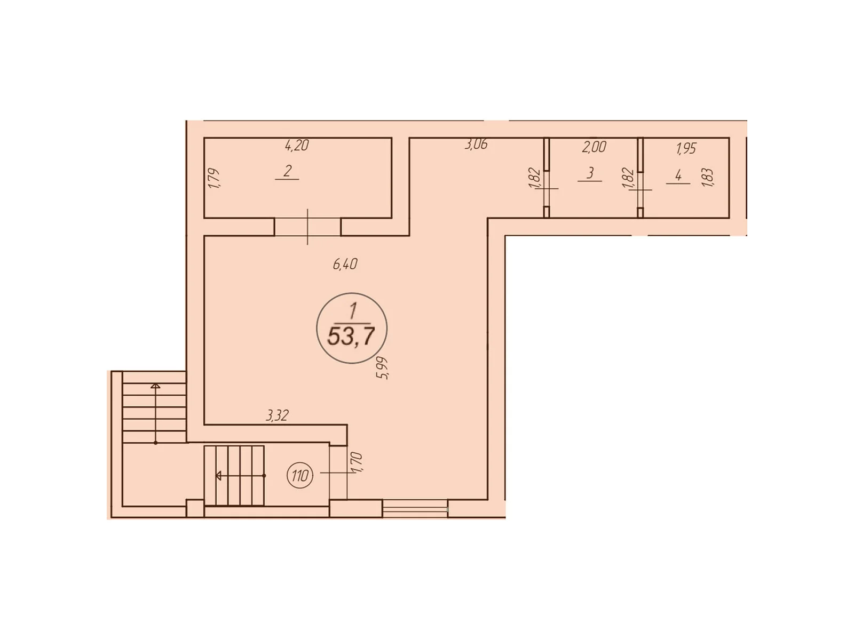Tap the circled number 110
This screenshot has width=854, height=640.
pyautogui.click(x=300, y=475)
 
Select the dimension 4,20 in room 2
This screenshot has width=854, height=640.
pyautogui.click(x=297, y=145)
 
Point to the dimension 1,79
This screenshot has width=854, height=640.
pyautogui.click(x=214, y=178)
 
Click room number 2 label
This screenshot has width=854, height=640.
pyautogui.click(x=288, y=171)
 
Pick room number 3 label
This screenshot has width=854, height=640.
pyautogui.click(x=590, y=173)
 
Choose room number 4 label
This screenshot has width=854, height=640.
pyautogui.click(x=678, y=175)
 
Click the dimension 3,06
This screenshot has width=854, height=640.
pyautogui.click(x=476, y=144)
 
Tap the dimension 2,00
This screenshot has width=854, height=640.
pyautogui.click(x=594, y=147)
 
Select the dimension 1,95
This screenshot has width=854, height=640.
pyautogui.click(x=686, y=148)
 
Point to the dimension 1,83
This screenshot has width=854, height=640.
pyautogui.click(x=708, y=177)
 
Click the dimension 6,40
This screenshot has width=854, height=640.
pyautogui.click(x=345, y=263)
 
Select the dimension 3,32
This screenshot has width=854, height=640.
pyautogui.click(x=277, y=415)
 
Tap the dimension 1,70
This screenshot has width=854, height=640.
pyautogui.click(x=357, y=462)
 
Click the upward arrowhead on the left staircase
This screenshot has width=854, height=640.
pyautogui.click(x=155, y=386)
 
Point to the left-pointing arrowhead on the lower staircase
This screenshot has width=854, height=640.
pyautogui.click(x=219, y=475)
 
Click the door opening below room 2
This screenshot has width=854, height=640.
pyautogui.click(x=307, y=227)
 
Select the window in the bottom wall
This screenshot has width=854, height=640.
pyautogui.click(x=415, y=508)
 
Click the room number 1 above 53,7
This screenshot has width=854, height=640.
pyautogui.click(x=352, y=310)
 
